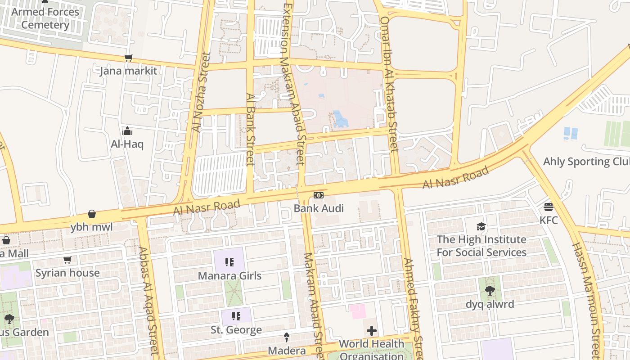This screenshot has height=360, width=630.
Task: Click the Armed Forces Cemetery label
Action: pos(45,18)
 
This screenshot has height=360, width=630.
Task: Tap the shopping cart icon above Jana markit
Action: pos(128,58)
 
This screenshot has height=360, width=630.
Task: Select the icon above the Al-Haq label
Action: pos(127,131)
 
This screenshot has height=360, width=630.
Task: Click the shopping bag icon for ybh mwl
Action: pos(92,214)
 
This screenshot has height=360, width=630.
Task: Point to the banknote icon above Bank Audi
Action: pos(319,195)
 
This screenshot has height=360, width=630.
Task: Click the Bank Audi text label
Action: pos(319,208)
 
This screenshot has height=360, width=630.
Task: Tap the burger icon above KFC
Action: pos(548,207)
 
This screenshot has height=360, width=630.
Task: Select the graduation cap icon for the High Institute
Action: pos(481,226)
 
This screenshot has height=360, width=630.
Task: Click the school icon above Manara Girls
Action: pos(229,262)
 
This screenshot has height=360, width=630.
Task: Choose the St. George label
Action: pos(236,330)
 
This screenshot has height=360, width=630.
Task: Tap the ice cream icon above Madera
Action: pos(287,337)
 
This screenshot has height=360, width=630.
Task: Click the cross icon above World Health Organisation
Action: pos(372,331)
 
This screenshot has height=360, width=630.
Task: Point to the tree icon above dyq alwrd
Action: pos(490,291)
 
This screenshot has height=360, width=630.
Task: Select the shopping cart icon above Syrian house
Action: pos(67,260)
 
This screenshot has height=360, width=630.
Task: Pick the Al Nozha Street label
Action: pos(201,92)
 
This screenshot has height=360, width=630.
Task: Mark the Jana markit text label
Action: pos(128,71)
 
